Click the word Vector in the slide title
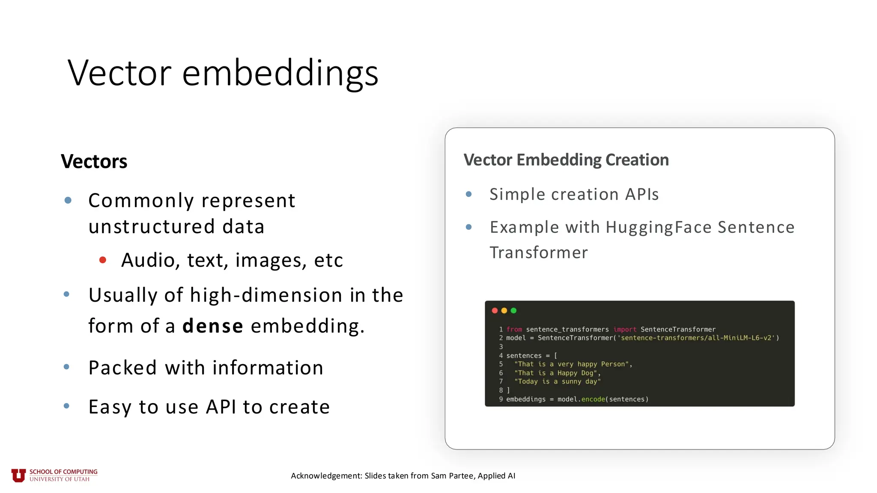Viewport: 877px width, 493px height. (x=119, y=73)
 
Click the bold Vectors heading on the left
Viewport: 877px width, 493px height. (x=94, y=162)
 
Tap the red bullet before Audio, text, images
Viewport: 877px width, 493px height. (x=103, y=260)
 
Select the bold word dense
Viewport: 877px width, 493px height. (x=213, y=326)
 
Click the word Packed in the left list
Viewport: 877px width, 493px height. (x=122, y=368)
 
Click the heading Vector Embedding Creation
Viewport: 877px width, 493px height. (x=566, y=160)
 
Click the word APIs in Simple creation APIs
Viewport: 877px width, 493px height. (x=641, y=195)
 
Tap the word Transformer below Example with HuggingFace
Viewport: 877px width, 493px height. (x=538, y=253)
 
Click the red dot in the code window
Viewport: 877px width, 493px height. (x=495, y=311)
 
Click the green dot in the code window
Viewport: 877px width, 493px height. (x=513, y=311)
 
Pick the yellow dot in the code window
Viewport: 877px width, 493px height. (x=504, y=311)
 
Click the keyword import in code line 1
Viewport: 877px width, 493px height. (x=624, y=330)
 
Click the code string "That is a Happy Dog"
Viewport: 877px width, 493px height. (x=555, y=373)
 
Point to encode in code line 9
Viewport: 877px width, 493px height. (x=593, y=399)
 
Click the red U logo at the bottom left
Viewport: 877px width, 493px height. (x=18, y=475)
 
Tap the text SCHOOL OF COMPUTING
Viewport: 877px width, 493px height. (x=63, y=472)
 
